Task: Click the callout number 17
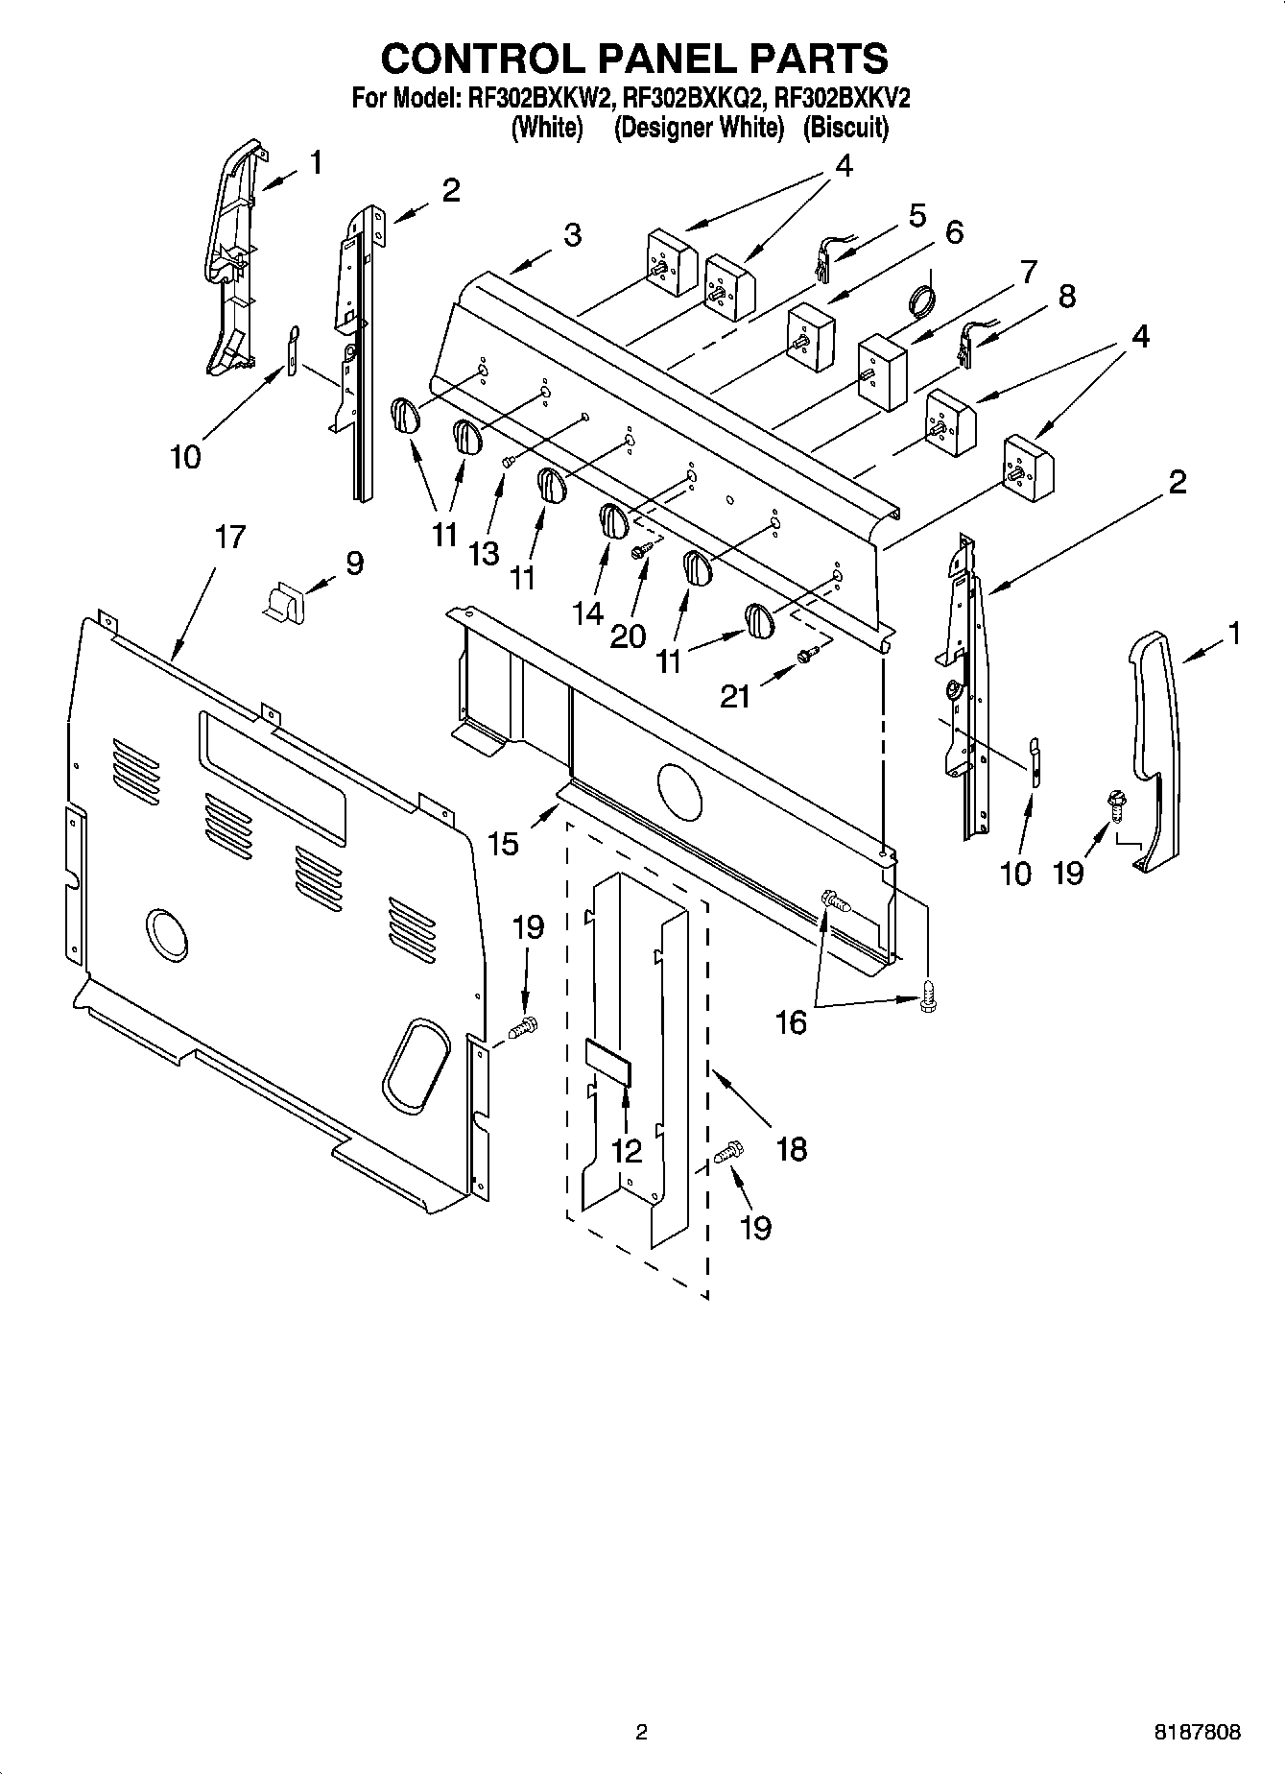click(x=230, y=538)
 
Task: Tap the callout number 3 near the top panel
click(x=572, y=235)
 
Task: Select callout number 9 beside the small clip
click(x=355, y=563)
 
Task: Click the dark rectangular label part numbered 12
click(x=608, y=1061)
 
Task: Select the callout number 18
click(x=791, y=1149)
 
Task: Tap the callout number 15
click(x=502, y=844)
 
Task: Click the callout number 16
click(x=791, y=1023)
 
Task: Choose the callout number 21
click(x=735, y=695)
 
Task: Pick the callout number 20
click(x=628, y=635)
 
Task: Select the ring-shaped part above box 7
click(x=921, y=299)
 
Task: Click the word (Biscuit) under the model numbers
click(x=845, y=128)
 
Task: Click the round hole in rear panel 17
click(x=167, y=934)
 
